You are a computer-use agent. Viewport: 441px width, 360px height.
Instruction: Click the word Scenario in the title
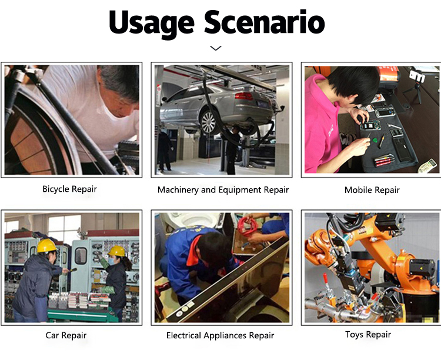[x=265, y=22]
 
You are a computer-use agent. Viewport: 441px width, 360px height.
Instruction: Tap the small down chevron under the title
[x=216, y=48]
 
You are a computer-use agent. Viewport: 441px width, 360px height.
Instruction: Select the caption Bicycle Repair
[x=69, y=189]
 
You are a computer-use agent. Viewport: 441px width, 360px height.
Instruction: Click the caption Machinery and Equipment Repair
[x=223, y=190]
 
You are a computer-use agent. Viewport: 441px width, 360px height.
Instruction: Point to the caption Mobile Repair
[x=372, y=190]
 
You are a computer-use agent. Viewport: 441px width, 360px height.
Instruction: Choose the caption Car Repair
[x=66, y=335]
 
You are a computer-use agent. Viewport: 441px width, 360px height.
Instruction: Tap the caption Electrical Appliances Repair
[x=220, y=335]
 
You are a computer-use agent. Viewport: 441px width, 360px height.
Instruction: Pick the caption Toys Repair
[x=368, y=334]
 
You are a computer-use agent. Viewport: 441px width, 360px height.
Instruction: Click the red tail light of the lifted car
[x=243, y=96]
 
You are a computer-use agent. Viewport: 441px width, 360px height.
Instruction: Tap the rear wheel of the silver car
[x=208, y=122]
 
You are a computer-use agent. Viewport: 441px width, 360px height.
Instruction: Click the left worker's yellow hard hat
[x=46, y=246]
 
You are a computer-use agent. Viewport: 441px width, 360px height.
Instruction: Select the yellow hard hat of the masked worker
[x=117, y=251]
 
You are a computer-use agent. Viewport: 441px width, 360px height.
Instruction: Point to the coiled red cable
[x=247, y=226]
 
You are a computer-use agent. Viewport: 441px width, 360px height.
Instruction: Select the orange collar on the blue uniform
[x=195, y=252]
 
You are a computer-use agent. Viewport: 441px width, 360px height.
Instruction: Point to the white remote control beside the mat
[x=428, y=166]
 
